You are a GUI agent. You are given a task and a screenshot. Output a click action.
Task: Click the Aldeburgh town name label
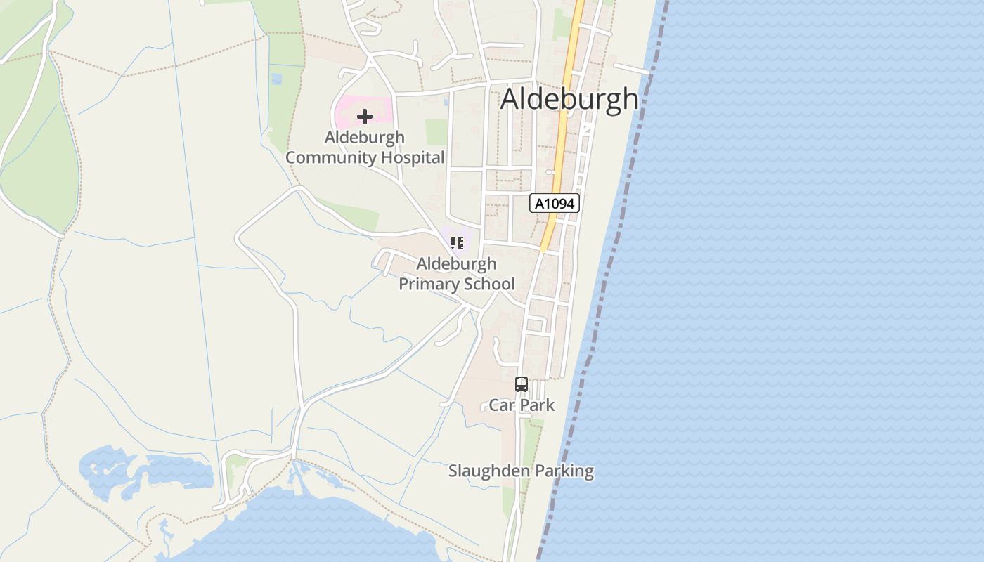click(569, 99)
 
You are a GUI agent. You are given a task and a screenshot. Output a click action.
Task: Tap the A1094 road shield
click(555, 204)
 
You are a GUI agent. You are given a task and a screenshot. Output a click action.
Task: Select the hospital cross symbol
click(364, 117)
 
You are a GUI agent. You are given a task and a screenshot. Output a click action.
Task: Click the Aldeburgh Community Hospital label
click(365, 148)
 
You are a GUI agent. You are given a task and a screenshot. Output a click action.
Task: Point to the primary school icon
click(457, 243)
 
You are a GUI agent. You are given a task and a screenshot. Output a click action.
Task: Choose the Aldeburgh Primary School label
click(457, 274)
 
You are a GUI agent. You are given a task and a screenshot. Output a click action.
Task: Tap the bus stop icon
click(521, 384)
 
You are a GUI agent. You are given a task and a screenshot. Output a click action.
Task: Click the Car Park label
click(522, 405)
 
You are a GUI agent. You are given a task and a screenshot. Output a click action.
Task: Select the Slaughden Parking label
click(521, 471)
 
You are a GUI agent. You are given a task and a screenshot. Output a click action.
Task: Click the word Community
click(331, 157)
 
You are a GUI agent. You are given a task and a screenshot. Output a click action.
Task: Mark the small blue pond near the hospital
click(276, 79)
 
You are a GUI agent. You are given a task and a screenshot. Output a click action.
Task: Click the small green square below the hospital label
click(436, 132)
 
